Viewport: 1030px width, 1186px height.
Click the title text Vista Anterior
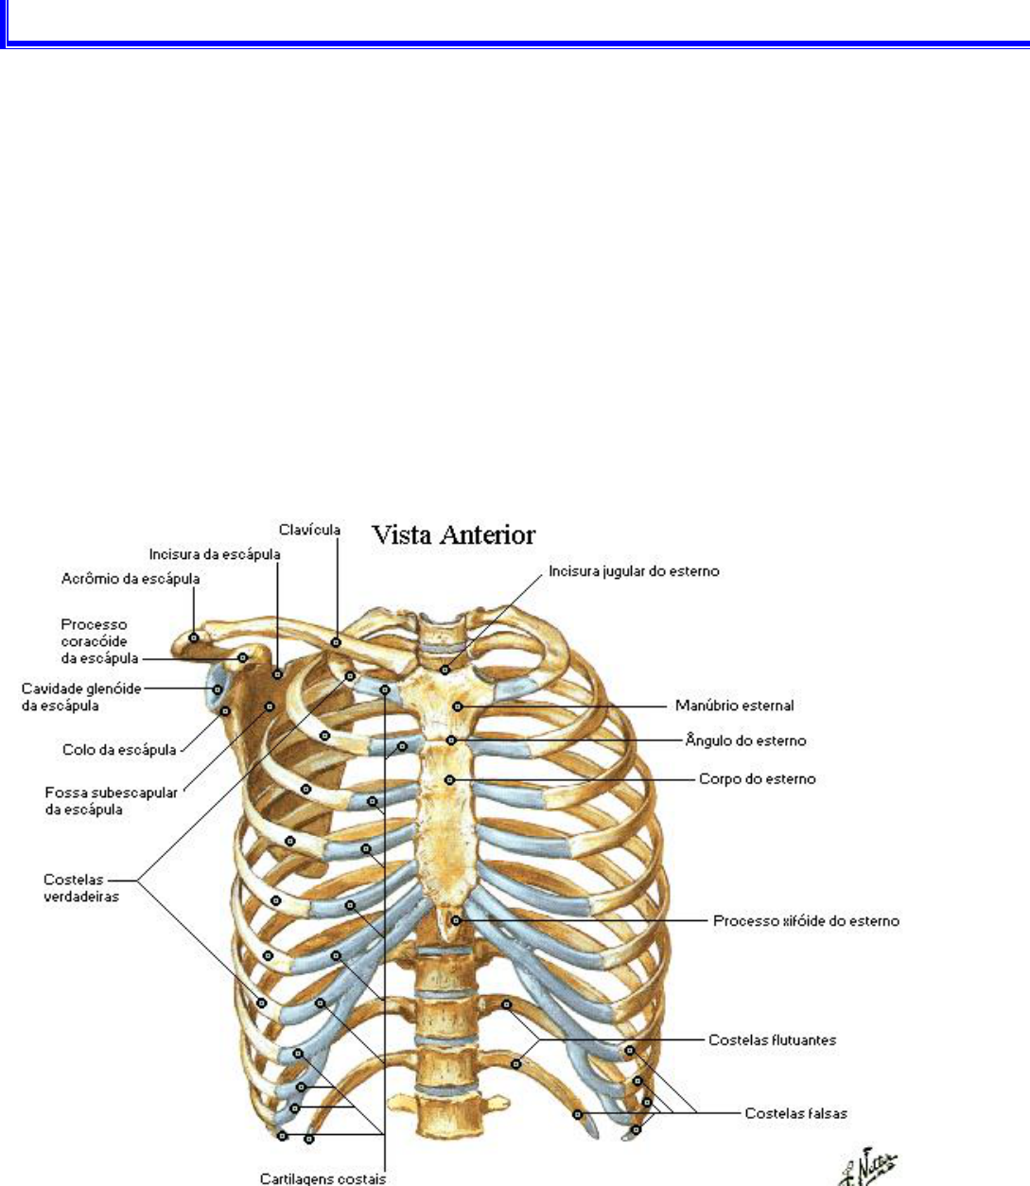point(453,535)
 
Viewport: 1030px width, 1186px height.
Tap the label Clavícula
point(309,530)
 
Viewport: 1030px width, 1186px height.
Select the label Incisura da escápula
point(214,554)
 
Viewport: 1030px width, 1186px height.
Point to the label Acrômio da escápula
point(131,578)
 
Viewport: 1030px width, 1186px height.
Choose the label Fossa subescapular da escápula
point(111,801)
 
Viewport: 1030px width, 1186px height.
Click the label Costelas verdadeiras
point(81,888)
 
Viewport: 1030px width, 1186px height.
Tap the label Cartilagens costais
point(323,1178)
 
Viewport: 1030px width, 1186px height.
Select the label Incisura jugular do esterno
point(634,571)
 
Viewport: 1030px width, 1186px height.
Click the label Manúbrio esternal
point(734,706)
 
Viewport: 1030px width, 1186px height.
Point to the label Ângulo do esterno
point(745,741)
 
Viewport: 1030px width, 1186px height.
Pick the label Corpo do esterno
point(757,779)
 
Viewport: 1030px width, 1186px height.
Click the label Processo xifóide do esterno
point(806,920)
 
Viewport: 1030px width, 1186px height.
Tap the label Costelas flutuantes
point(772,1039)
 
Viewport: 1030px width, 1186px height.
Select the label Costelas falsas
point(795,1113)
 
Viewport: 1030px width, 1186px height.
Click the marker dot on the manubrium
point(457,706)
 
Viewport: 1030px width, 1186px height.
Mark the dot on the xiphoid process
point(456,919)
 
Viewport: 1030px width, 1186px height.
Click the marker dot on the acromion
point(194,637)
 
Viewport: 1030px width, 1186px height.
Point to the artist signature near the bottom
point(869,1166)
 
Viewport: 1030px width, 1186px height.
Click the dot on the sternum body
point(450,779)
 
